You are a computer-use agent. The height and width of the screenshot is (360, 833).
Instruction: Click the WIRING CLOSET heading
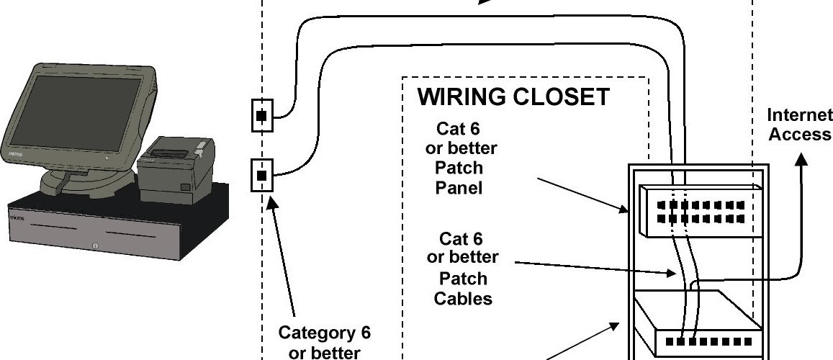(514, 96)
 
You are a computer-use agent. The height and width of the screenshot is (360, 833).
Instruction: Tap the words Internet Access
(799, 125)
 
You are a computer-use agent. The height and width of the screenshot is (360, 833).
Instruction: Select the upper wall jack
(262, 115)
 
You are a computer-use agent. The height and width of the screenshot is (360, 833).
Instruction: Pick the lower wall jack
(262, 175)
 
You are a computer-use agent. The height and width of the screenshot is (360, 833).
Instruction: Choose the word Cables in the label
(463, 298)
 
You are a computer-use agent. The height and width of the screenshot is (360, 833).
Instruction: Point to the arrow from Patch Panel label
(583, 194)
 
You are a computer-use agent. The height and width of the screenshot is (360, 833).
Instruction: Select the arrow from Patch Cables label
(598, 269)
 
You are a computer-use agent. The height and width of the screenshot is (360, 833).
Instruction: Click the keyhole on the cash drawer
(95, 247)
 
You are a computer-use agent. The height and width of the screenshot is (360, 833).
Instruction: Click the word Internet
(799, 116)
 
